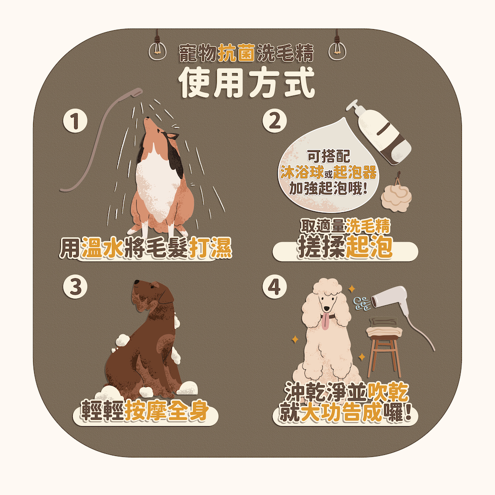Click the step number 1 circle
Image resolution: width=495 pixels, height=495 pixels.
click(75, 121)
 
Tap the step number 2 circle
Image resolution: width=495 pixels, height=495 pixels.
click(274, 121)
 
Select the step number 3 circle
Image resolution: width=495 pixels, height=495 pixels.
click(75, 287)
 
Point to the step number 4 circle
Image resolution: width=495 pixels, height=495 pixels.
click(274, 287)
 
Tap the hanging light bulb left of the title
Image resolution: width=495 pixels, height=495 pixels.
click(157, 50)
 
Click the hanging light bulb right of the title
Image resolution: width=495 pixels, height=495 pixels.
click(337, 50)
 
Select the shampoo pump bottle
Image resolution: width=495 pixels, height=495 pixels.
click(380, 133)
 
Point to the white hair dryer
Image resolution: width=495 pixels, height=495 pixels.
click(390, 298)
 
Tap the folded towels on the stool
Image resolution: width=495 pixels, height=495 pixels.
click(384, 326)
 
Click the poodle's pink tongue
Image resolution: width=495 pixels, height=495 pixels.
click(325, 323)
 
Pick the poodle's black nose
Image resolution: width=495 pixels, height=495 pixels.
click(326, 308)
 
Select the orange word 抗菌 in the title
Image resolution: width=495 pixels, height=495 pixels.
click(237, 53)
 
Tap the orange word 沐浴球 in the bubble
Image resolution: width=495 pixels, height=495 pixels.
click(302, 172)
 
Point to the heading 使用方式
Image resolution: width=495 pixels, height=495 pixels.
click(247, 83)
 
